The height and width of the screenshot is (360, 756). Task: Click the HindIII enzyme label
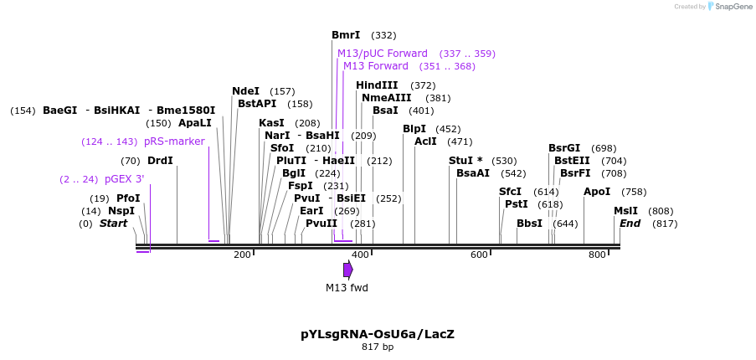[377, 85]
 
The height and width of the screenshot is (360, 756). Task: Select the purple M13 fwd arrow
[348, 270]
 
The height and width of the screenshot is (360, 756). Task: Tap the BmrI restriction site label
[346, 35]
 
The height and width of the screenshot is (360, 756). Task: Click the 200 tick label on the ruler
[242, 255]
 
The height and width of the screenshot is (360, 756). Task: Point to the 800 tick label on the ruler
[598, 255]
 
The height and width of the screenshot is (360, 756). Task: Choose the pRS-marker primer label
[174, 141]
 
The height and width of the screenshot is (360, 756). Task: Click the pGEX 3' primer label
[125, 179]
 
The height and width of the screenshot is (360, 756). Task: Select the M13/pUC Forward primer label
[383, 54]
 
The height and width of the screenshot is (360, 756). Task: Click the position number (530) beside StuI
[504, 161]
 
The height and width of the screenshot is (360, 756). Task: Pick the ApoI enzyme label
[597, 192]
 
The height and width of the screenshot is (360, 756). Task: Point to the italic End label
[630, 224]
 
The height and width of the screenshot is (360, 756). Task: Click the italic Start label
[113, 224]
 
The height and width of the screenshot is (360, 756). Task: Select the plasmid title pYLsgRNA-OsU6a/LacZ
[378, 334]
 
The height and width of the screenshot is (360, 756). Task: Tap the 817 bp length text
[378, 347]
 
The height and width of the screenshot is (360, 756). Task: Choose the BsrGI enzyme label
[564, 148]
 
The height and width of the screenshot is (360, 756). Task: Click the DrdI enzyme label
[160, 161]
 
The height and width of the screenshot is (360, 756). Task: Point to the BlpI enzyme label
[414, 129]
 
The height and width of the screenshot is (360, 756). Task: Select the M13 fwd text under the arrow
[347, 288]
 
